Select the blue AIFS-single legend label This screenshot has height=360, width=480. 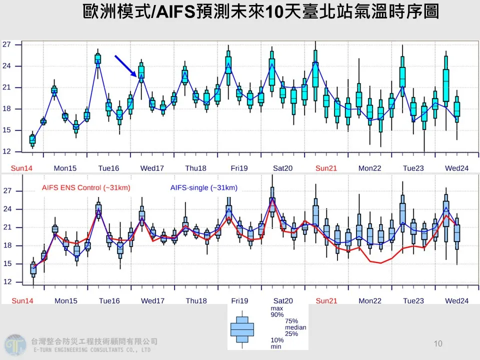(x=203, y=188)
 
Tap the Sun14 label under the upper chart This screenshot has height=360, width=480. (x=21, y=168)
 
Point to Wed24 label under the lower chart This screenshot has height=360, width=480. (x=456, y=300)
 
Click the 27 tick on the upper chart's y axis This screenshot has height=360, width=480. (x=6, y=44)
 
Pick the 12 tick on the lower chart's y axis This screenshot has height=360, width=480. (x=6, y=282)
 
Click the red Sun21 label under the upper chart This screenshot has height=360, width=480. (x=326, y=168)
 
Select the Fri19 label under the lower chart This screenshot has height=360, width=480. (x=239, y=300)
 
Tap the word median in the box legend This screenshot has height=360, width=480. (x=295, y=327)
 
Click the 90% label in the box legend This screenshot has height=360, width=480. (x=277, y=314)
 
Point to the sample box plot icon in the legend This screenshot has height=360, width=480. (x=242, y=329)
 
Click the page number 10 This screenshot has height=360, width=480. (x=438, y=343)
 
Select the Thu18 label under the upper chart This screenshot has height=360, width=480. (x=196, y=168)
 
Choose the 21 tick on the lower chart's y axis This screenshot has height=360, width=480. (x=6, y=227)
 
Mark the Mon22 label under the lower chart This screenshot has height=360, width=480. (x=369, y=300)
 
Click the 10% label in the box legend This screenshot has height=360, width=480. (x=277, y=340)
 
